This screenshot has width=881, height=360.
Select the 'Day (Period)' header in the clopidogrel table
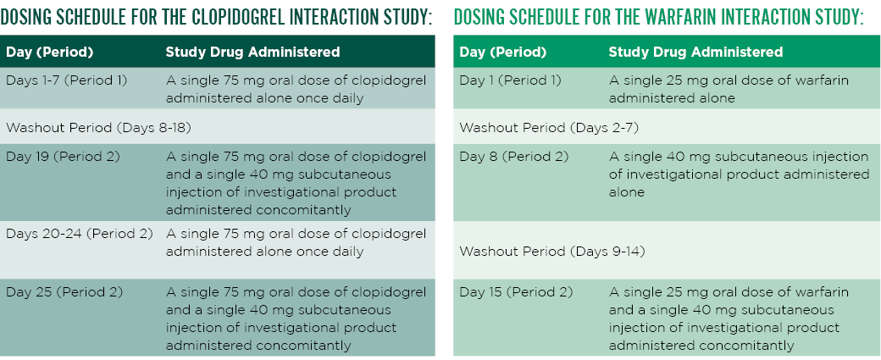pyautogui.click(x=49, y=53)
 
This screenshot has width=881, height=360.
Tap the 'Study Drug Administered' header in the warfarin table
pyautogui.click(x=695, y=53)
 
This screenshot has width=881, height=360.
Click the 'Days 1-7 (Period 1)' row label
pyautogui.click(x=66, y=80)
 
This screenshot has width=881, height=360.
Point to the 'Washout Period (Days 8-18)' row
pyautogui.click(x=93, y=127)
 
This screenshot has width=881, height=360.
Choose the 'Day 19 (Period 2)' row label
pyautogui.click(x=63, y=157)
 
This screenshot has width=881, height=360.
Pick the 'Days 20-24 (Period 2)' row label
pyautogui.click(x=79, y=234)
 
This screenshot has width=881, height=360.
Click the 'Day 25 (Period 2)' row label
pyautogui.click(x=64, y=292)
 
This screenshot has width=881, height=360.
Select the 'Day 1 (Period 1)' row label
pyautogui.click(x=510, y=80)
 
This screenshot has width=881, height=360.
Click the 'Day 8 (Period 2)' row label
pyautogui.click(x=513, y=157)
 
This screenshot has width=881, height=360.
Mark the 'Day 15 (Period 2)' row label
pyautogui.click(x=517, y=292)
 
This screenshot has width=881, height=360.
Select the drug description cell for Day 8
pyautogui.click(x=739, y=174)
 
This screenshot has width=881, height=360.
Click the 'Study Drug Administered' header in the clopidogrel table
pyautogui.click(x=252, y=53)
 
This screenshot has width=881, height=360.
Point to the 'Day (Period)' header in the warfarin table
pyautogui.click(x=503, y=53)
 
